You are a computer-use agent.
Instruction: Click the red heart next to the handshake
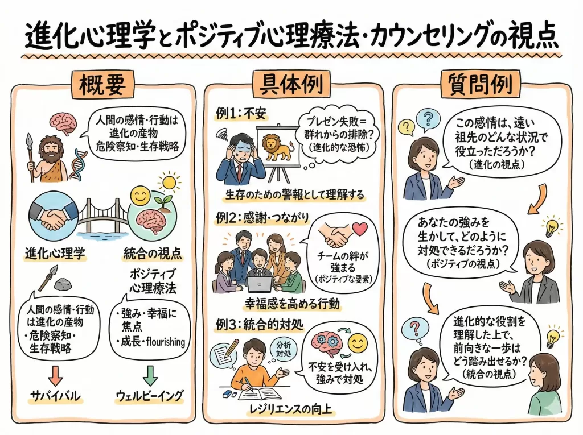tap(360, 228)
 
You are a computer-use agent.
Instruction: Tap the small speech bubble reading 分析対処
tap(283, 349)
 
